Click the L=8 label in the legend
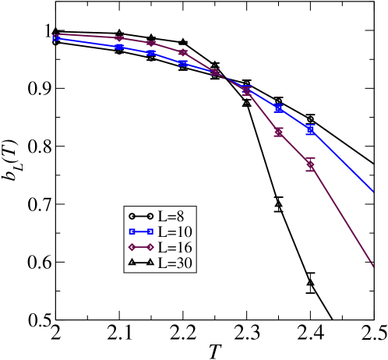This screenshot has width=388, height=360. (171, 216)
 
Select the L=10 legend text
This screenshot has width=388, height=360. (175, 231)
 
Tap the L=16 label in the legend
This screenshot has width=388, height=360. (175, 247)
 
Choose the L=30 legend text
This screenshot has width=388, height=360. (175, 263)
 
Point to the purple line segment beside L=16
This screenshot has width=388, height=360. (141, 247)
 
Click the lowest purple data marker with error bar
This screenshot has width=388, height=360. (310, 164)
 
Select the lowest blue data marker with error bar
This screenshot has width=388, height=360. (310, 129)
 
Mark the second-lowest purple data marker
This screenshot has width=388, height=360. (278, 132)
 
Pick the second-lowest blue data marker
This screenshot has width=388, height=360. (278, 108)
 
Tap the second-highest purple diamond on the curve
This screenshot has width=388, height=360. (119, 38)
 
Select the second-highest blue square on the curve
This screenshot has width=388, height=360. (119, 47)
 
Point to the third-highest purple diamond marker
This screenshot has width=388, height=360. (151, 44)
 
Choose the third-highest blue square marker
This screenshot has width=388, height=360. (151, 53)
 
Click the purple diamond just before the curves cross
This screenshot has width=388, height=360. (183, 53)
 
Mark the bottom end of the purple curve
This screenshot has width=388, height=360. (373, 266)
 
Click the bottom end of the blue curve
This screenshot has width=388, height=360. (373, 190)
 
